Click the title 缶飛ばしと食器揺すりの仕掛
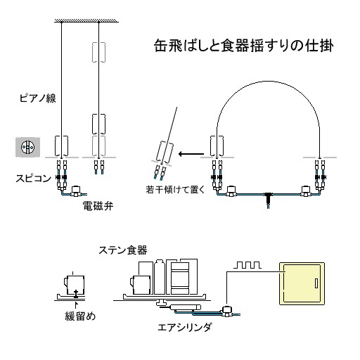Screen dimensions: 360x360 point(244,46)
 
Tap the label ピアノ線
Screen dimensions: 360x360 point(38,98)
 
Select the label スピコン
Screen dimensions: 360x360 point(33,179)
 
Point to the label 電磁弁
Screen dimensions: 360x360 point(98,206)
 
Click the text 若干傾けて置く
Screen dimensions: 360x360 point(175,189)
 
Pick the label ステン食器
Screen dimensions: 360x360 point(123,250)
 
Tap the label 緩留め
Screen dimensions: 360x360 point(80,316)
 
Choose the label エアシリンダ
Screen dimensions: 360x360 point(184,328)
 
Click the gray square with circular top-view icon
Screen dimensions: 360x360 point(27,147)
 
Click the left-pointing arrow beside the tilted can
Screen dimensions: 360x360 point(191,154)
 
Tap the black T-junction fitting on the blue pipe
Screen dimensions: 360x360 point(269,197)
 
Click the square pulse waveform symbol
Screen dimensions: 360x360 point(247,265)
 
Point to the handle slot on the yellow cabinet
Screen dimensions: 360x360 point(316,283)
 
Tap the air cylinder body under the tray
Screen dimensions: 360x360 point(186,307)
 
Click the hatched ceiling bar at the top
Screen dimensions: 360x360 point(86,20)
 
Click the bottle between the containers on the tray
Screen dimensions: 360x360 point(160,276)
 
